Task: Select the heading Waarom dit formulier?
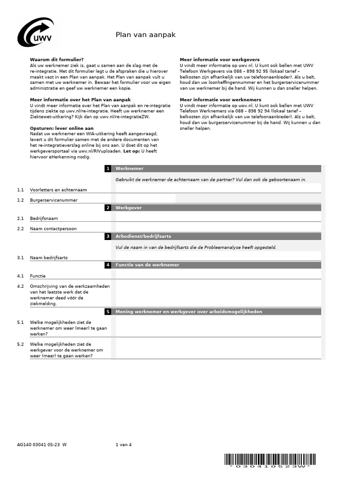pos(57,60)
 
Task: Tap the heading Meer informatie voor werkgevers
pos(219,60)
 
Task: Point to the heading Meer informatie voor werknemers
pos(220,100)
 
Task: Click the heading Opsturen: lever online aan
pos(62,128)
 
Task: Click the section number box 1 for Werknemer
pos(108,169)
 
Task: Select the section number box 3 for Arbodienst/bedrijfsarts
pos(108,237)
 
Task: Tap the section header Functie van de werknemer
pos(147,265)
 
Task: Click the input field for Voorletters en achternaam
pos(218,188)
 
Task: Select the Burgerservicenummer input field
pos(145,199)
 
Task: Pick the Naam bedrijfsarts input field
pos(218,256)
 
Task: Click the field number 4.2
pos(20,286)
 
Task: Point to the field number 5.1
pos(20,322)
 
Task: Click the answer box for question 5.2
pos(218,349)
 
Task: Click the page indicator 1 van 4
pos(124,445)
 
